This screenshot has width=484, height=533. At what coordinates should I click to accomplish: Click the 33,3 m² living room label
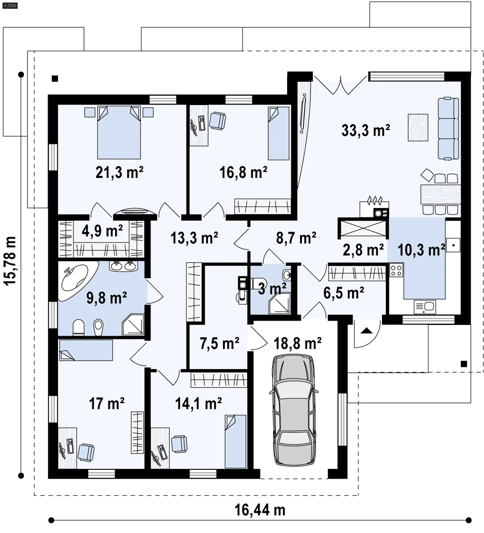coord(366,130)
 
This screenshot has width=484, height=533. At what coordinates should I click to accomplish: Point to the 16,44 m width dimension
coord(260,510)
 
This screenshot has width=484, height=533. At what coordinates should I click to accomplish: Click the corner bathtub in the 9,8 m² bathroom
coord(74,280)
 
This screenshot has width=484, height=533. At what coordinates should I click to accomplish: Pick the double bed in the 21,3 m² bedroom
coord(119,133)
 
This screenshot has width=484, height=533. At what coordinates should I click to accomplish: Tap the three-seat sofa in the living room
coord(448,129)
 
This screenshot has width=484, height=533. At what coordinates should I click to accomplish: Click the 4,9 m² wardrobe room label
coord(102,231)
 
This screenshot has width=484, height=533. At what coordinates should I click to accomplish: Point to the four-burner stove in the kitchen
coord(396,270)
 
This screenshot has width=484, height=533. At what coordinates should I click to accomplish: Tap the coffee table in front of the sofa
coord(418,128)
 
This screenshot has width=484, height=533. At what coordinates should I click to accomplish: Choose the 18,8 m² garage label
coord(297,343)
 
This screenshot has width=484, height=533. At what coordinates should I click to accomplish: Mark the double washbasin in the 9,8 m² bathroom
coord(124,266)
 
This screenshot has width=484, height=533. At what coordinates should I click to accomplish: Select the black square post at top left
coord(55,79)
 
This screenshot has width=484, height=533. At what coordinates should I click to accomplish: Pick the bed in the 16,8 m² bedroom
coord(279,133)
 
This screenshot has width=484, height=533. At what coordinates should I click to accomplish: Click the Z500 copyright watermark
coord(10,5)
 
